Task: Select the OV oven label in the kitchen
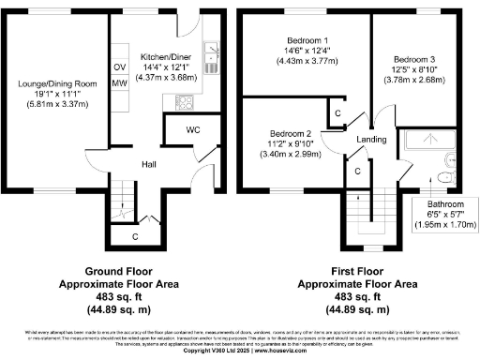pyautogui.click(x=119, y=67)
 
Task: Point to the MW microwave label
pyautogui.click(x=119, y=83)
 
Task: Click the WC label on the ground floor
pyautogui.click(x=191, y=128)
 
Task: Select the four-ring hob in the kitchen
pyautogui.click(x=212, y=46)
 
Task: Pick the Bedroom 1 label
pyautogui.click(x=306, y=40)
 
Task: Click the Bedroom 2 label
pyautogui.click(x=289, y=133)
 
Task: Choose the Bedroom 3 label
pyautogui.click(x=415, y=59)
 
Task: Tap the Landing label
pyautogui.click(x=372, y=141)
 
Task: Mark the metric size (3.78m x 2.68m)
pyautogui.click(x=415, y=80)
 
